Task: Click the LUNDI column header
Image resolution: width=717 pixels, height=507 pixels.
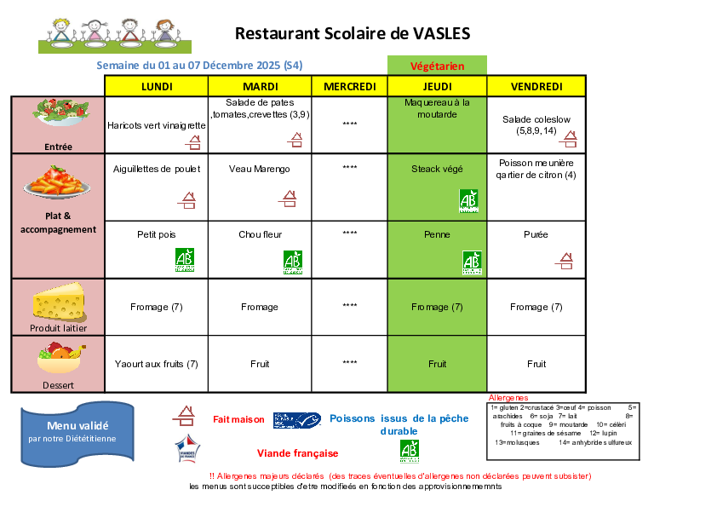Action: click(x=156, y=86)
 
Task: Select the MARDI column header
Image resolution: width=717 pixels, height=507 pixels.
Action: click(x=261, y=86)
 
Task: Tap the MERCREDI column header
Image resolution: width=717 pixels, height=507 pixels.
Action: click(x=350, y=86)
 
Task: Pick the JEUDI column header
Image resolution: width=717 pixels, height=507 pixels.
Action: click(x=437, y=86)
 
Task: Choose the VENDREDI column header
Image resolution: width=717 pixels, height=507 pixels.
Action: click(x=536, y=86)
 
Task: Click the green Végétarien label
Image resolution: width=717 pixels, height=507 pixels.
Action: click(x=437, y=66)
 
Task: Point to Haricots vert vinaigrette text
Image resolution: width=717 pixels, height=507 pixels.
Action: click(x=157, y=125)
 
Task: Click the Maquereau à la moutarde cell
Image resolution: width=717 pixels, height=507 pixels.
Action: click(x=437, y=108)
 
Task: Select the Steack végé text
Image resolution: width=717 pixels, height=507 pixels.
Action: click(x=437, y=169)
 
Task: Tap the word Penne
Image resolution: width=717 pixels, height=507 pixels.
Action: click(x=437, y=234)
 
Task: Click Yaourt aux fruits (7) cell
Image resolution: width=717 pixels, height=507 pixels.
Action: click(x=157, y=364)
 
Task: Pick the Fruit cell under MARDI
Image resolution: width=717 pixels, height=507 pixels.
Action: click(x=260, y=364)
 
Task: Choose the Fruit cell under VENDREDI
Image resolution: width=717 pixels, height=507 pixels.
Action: click(x=536, y=364)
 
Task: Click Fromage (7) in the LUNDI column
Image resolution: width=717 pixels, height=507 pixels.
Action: click(x=157, y=307)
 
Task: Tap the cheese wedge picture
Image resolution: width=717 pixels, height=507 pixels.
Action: click(x=58, y=302)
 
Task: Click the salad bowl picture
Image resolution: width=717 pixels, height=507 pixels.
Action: click(x=60, y=112)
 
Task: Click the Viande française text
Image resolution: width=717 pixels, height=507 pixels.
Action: click(x=297, y=453)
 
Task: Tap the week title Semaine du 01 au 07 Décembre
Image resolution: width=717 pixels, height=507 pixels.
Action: click(x=200, y=66)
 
